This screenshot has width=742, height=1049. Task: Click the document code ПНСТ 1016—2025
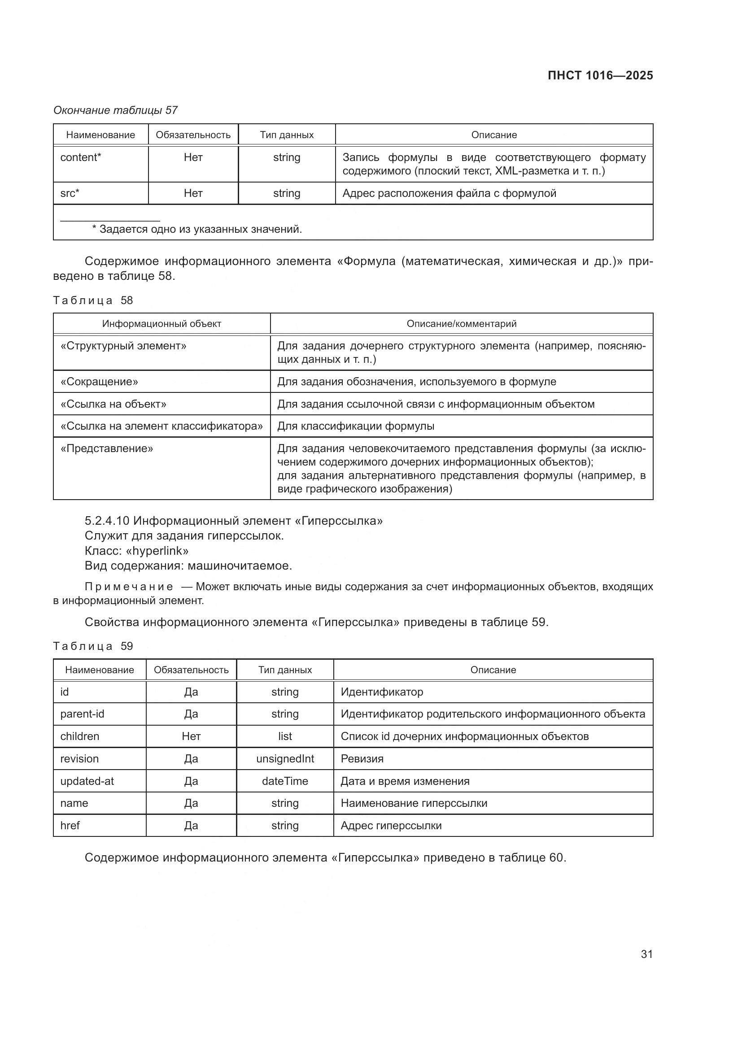(600, 75)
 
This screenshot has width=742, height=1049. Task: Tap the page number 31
(646, 954)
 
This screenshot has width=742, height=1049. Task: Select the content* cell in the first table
(80, 157)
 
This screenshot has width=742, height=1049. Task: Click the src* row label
(70, 193)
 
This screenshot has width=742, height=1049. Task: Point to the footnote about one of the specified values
(197, 229)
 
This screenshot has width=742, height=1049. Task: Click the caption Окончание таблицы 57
(116, 110)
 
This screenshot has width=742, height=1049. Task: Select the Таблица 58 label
(93, 300)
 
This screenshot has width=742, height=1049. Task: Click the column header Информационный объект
(161, 324)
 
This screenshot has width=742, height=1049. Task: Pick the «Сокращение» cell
(99, 382)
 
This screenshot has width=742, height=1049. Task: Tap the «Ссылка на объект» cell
(113, 404)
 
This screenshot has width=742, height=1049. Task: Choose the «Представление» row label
(106, 448)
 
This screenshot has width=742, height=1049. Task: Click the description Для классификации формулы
(356, 426)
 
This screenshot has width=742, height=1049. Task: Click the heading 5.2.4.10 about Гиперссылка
(233, 521)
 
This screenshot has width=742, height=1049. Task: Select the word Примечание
(129, 587)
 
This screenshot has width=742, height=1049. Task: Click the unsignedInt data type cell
(285, 759)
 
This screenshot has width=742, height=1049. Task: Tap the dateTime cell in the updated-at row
(285, 781)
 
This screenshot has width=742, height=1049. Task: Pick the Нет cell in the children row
(191, 736)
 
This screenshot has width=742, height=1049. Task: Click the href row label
(70, 826)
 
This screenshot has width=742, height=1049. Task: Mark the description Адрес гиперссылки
(391, 826)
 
